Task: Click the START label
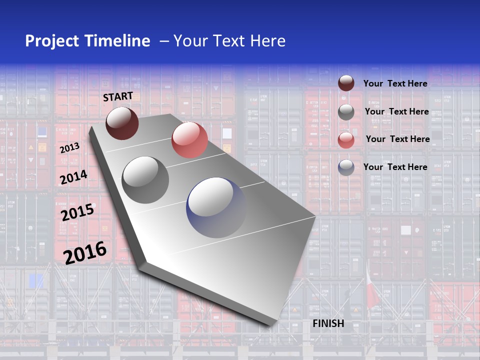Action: click(118, 96)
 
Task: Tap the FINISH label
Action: click(328, 323)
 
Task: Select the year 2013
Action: click(69, 148)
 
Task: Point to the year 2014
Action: click(73, 177)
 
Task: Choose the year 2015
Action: click(77, 212)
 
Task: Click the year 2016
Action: click(85, 252)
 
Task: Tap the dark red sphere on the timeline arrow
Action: click(122, 123)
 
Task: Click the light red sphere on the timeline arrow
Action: click(189, 140)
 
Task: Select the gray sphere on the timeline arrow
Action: click(145, 180)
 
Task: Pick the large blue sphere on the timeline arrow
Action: click(216, 207)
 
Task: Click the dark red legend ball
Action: click(346, 83)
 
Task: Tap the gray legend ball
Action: click(346, 112)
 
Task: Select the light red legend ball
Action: click(346, 140)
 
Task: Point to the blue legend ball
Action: click(346, 167)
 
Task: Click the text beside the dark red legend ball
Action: click(395, 83)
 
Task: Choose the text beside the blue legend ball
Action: click(395, 167)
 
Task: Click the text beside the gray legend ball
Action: click(396, 111)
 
